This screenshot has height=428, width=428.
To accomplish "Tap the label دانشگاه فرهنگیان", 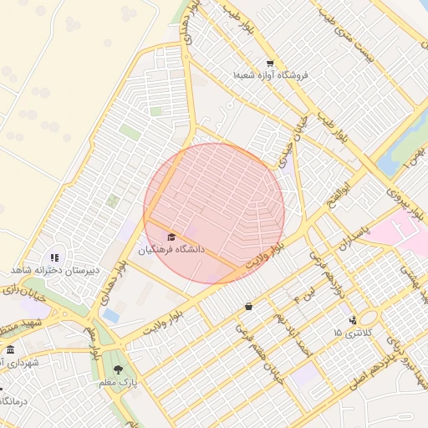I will [171, 250].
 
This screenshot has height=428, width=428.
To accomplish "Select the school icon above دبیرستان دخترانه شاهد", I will [55, 258].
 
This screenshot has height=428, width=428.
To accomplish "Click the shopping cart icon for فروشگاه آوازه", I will [269, 64].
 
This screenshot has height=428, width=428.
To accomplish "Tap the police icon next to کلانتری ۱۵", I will [352, 319].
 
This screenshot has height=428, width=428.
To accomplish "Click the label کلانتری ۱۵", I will [349, 333].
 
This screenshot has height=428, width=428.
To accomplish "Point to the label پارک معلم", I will [117, 382].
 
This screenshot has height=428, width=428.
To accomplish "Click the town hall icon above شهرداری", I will [10, 350].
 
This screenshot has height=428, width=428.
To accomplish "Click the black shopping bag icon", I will [248, 306].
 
